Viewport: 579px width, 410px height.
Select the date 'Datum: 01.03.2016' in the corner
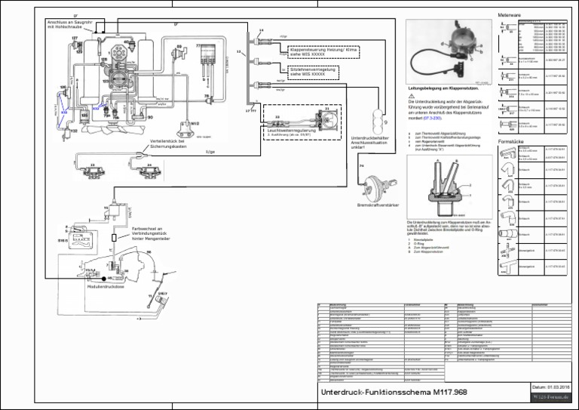pyautogui.click(x=550, y=386)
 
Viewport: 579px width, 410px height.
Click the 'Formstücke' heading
pyautogui.click(x=511, y=141)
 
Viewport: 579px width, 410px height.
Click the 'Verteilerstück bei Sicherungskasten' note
pyautogui.click(x=169, y=143)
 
